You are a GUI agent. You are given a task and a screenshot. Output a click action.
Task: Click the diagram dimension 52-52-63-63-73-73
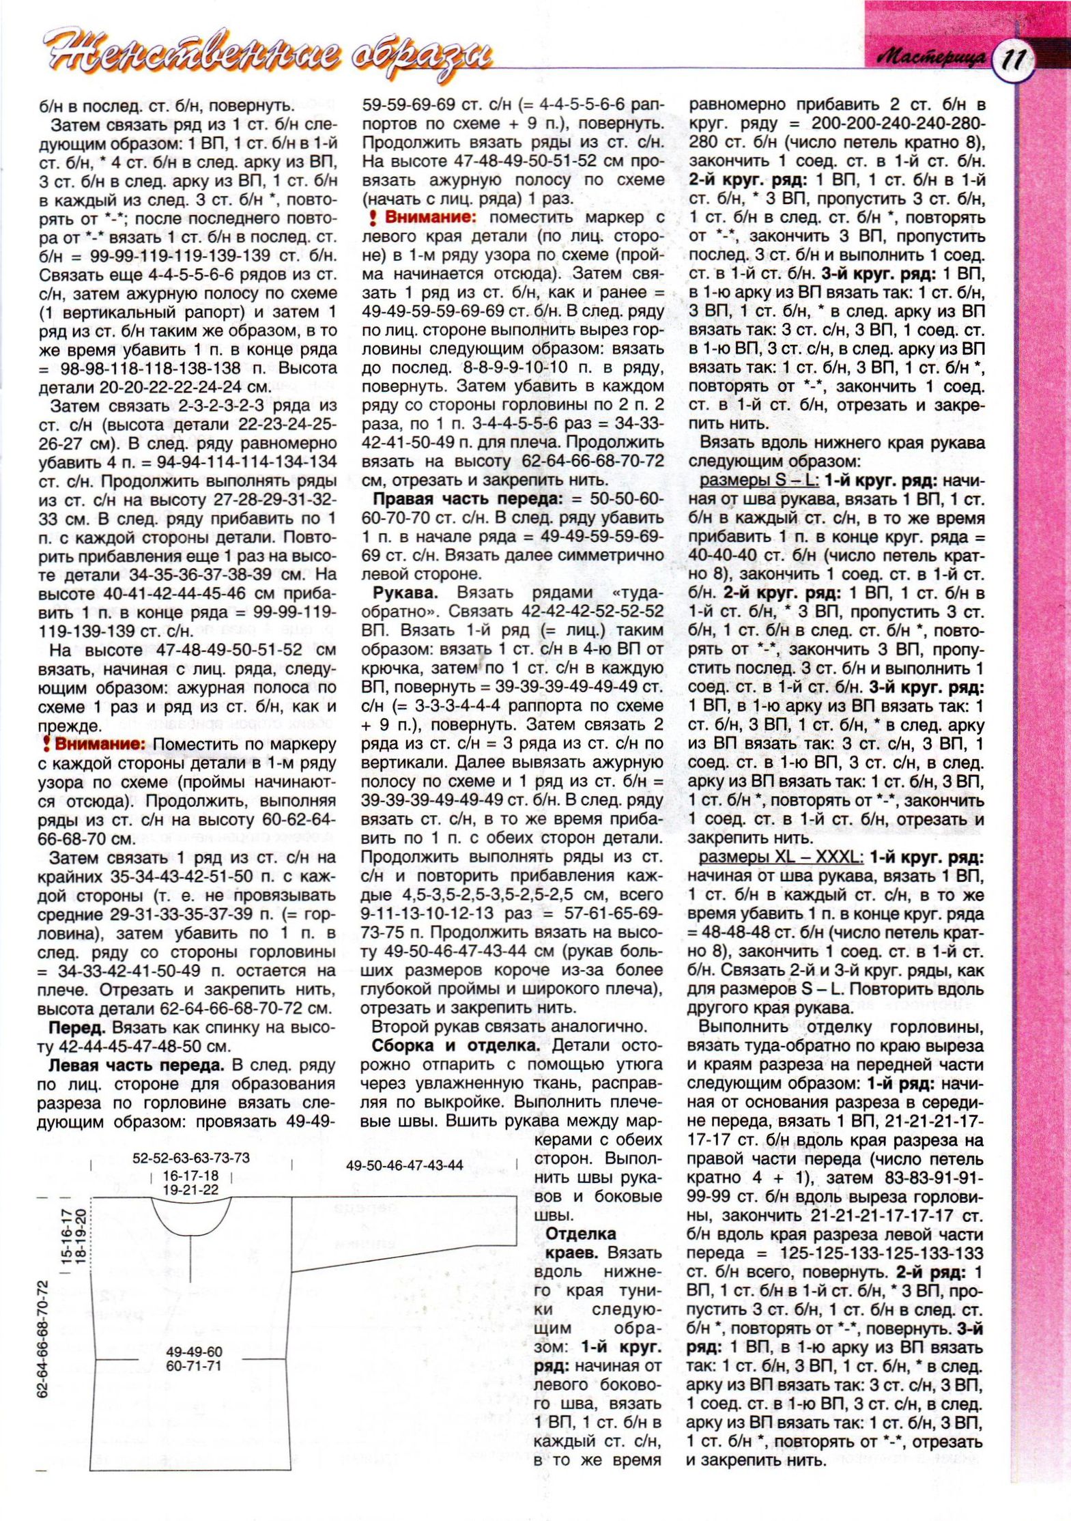click(x=191, y=1158)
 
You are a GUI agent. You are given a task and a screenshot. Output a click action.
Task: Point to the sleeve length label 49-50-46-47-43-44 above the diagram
click(x=405, y=1165)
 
